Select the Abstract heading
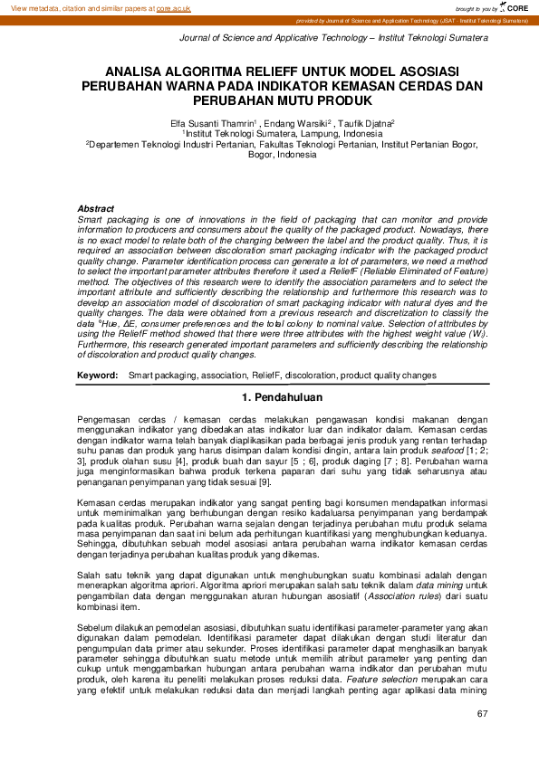96,209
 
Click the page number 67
481,715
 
